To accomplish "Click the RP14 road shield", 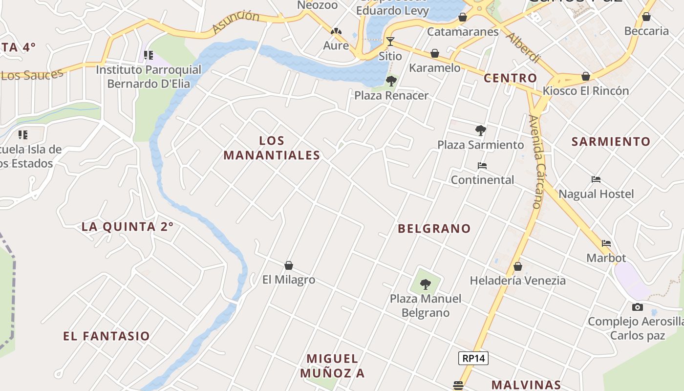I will click(x=473, y=358).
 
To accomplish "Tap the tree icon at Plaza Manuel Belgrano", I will click(x=426, y=284).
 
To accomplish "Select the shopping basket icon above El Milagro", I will click(x=289, y=265).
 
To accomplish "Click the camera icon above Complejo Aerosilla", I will click(x=637, y=307).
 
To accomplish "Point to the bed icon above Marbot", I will click(x=606, y=243).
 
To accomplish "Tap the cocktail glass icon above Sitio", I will click(x=390, y=41).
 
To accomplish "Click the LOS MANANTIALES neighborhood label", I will click(x=272, y=148).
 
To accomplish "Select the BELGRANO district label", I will click(x=434, y=228).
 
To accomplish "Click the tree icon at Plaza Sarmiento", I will click(x=480, y=130).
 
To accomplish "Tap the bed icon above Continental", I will click(x=482, y=166).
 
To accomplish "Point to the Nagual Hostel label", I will click(x=596, y=194).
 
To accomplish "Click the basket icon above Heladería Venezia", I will click(x=518, y=266).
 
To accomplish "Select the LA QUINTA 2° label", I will click(x=128, y=227).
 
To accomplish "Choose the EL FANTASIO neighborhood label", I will click(x=107, y=336).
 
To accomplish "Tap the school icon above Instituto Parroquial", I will click(x=148, y=55).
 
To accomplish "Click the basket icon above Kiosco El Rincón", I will click(x=585, y=76).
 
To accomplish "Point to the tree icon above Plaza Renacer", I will click(x=391, y=81).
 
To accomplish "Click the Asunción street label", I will click(x=236, y=22).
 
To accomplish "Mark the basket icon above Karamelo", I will click(x=434, y=53).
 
